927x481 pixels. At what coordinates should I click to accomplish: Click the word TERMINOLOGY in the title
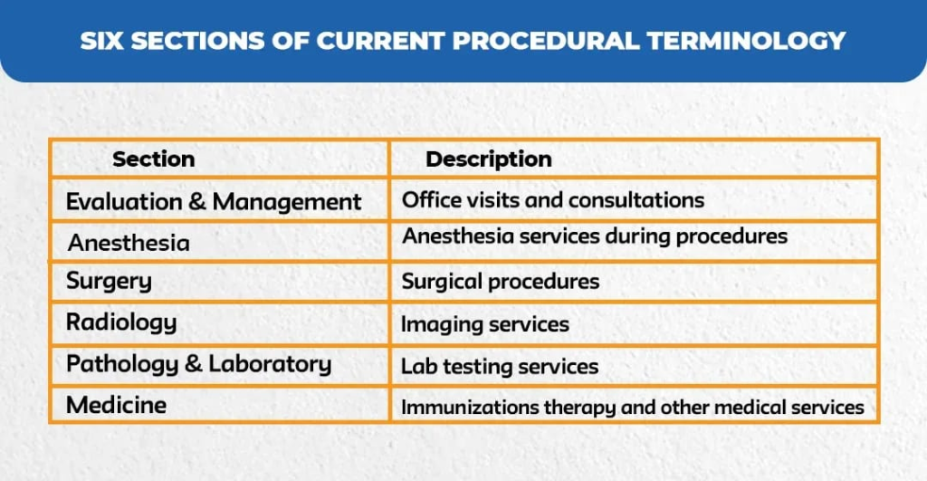(x=746, y=41)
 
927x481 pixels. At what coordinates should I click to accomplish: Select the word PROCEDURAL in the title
(x=546, y=41)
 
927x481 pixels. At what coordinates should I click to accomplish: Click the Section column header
(x=154, y=159)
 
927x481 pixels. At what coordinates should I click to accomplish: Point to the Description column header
(x=489, y=159)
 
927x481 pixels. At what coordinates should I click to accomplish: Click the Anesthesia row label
(x=129, y=243)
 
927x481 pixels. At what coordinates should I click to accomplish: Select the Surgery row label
(x=109, y=282)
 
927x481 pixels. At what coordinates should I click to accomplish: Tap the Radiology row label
(x=121, y=323)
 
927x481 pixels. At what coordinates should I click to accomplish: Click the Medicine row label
(x=117, y=405)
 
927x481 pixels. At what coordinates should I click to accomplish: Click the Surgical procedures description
(x=500, y=282)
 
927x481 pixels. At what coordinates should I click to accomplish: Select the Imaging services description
(x=485, y=324)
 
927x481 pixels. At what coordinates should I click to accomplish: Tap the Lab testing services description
(x=500, y=366)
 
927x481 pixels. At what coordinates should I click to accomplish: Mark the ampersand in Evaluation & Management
(x=196, y=202)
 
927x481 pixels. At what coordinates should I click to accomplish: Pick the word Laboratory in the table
(x=270, y=364)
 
